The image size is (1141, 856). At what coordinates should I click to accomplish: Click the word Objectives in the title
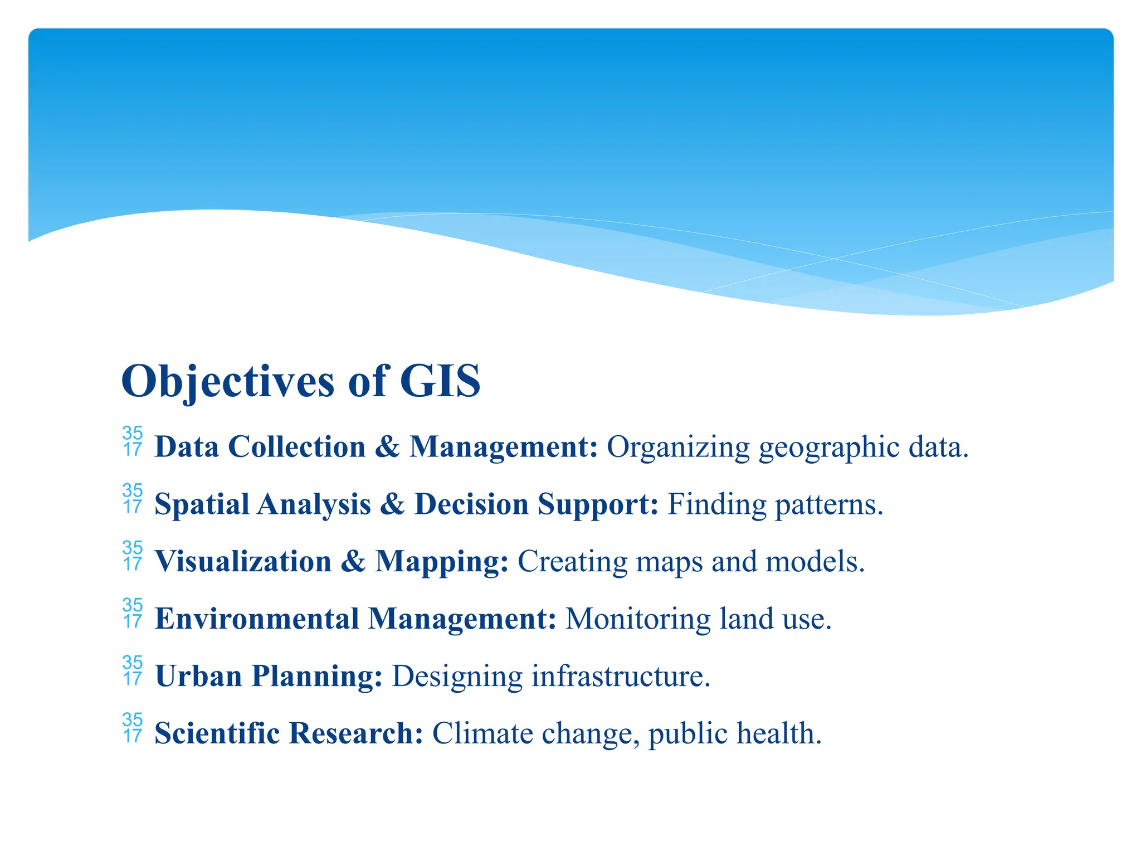[x=227, y=381]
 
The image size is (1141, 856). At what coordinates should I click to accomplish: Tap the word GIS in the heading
[x=440, y=381]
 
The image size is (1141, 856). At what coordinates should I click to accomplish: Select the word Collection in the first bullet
[x=297, y=447]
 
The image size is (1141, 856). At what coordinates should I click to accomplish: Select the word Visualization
[x=243, y=561]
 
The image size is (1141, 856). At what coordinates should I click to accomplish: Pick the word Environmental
[x=257, y=619]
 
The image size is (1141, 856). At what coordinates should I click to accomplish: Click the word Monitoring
[x=637, y=620]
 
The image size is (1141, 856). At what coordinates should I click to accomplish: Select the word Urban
[x=198, y=676]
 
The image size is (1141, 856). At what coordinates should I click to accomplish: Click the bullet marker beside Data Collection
[x=133, y=441]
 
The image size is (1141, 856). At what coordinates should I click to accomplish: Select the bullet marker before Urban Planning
[x=133, y=670]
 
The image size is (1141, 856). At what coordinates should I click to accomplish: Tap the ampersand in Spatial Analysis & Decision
[x=393, y=504]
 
